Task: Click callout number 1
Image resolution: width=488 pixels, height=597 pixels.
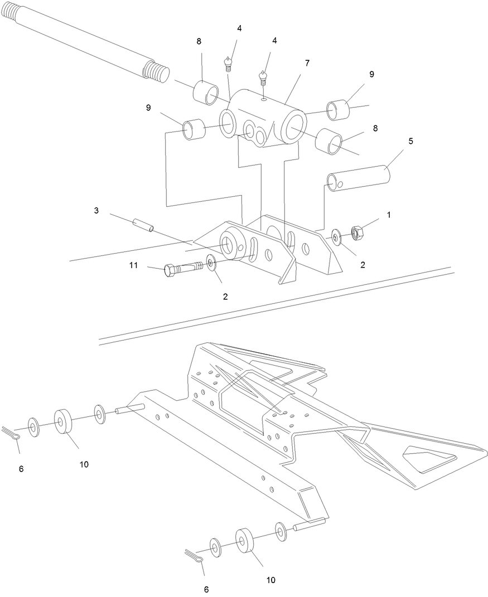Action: pyautogui.click(x=389, y=215)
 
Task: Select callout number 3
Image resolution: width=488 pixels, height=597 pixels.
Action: pyautogui.click(x=96, y=210)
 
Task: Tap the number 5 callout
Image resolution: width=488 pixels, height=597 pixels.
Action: pyautogui.click(x=410, y=141)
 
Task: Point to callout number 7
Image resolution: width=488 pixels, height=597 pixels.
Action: pyautogui.click(x=307, y=63)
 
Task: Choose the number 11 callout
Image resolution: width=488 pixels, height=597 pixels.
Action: pyautogui.click(x=133, y=265)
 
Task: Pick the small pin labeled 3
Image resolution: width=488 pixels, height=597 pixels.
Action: pyautogui.click(x=143, y=225)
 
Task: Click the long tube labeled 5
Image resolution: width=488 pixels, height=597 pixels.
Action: pyautogui.click(x=359, y=178)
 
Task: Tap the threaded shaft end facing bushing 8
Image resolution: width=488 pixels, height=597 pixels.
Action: pyautogui.click(x=156, y=72)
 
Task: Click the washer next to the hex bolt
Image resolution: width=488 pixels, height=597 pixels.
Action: pyautogui.click(x=211, y=263)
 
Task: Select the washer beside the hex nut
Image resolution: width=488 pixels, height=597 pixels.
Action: pyautogui.click(x=336, y=237)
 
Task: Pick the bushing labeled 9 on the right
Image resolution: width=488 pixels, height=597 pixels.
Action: pyautogui.click(x=337, y=110)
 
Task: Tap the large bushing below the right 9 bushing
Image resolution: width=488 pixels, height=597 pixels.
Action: pyautogui.click(x=328, y=141)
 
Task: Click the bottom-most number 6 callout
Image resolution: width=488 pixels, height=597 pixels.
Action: pyautogui.click(x=206, y=589)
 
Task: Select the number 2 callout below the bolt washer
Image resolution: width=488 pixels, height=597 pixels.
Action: pyautogui.click(x=225, y=297)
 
